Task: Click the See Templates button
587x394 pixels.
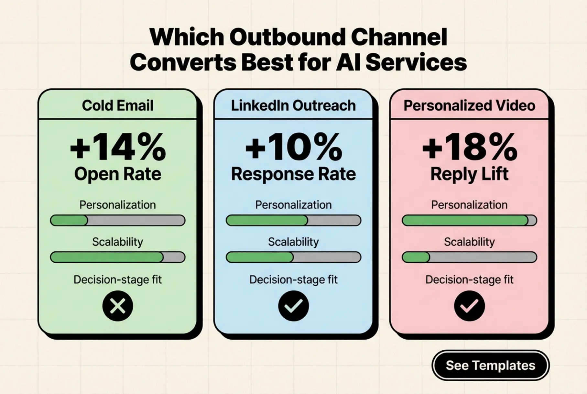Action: click(x=490, y=365)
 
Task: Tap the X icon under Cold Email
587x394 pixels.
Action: click(x=118, y=306)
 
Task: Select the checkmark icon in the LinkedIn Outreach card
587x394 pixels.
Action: click(x=293, y=306)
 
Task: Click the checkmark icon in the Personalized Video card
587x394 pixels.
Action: click(x=469, y=306)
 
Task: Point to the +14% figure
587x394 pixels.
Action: click(x=118, y=148)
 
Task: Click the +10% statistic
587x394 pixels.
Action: click(x=293, y=148)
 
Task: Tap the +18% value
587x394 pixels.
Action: click(x=469, y=148)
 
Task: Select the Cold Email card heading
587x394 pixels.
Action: click(x=118, y=105)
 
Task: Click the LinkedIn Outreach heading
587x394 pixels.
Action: click(x=293, y=105)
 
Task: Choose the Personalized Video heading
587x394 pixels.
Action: click(x=469, y=105)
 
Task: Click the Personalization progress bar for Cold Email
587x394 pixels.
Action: click(x=118, y=220)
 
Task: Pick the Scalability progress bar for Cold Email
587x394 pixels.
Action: click(x=118, y=257)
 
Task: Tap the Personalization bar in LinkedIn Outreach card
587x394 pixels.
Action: click(x=293, y=220)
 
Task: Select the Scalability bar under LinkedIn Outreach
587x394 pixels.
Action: click(x=293, y=257)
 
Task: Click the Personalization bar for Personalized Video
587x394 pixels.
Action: click(x=469, y=220)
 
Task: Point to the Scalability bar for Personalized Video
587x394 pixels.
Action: click(x=469, y=257)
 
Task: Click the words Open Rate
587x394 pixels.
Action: click(x=118, y=174)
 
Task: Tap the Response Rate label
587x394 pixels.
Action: click(x=293, y=174)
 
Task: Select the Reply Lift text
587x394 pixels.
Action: click(x=469, y=174)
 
